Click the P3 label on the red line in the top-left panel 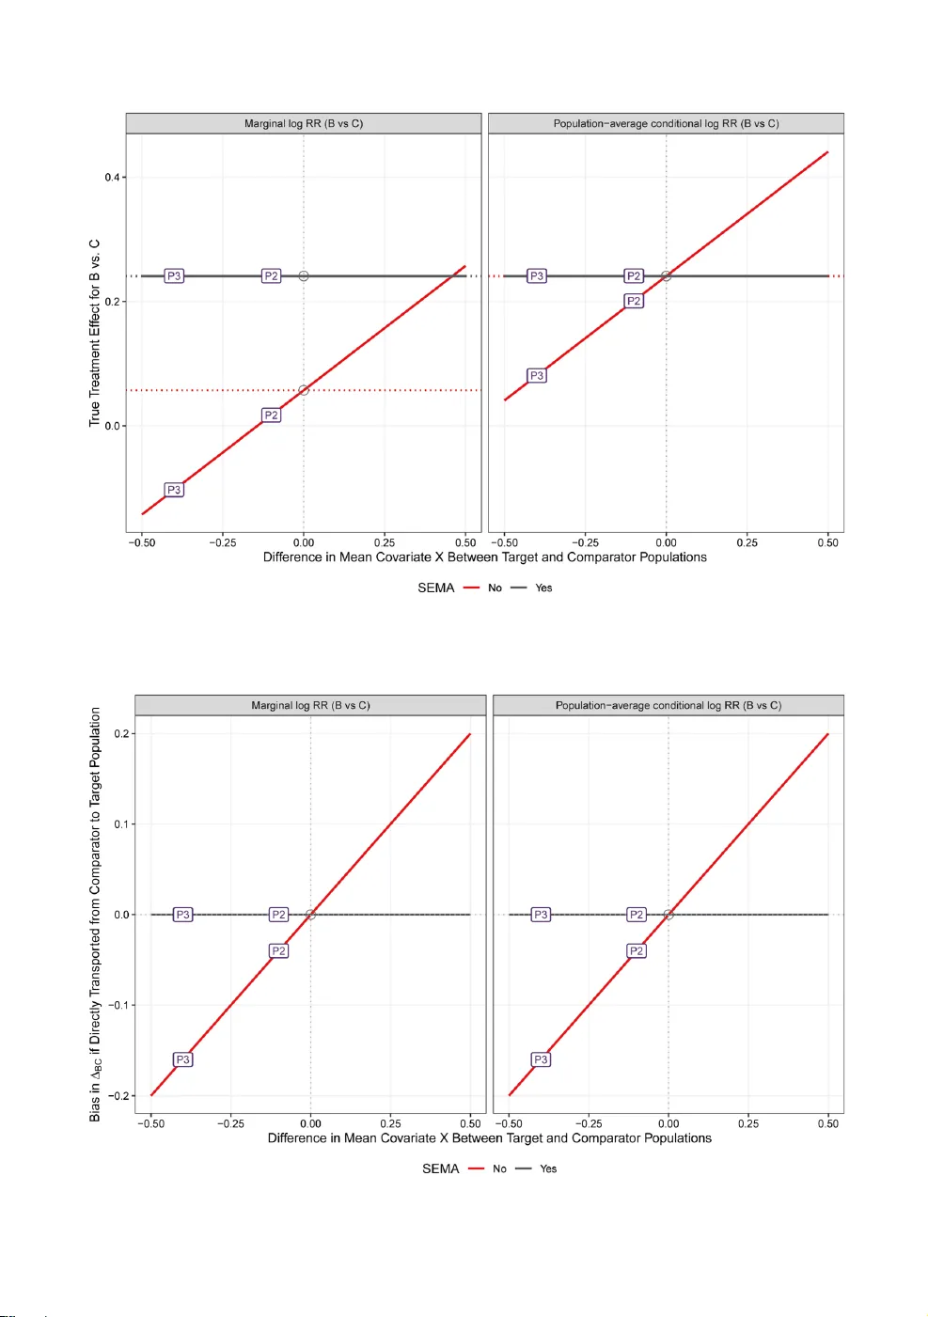[174, 490]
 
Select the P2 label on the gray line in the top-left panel [271, 275]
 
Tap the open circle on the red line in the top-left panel [304, 390]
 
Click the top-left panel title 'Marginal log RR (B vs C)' [303, 123]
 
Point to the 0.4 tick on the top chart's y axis [113, 177]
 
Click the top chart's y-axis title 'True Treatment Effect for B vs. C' [94, 333]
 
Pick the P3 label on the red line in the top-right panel [536, 375]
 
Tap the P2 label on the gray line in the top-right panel [634, 275]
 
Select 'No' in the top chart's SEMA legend [495, 588]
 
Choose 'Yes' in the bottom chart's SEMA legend [548, 1168]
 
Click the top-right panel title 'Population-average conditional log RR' [666, 123]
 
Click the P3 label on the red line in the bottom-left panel [182, 1059]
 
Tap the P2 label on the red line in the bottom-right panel [637, 950]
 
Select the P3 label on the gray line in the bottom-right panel [541, 914]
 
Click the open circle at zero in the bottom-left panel [310, 914]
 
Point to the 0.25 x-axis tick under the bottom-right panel [748, 1123]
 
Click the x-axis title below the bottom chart [489, 1137]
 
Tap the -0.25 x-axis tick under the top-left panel [222, 542]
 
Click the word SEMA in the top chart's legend [435, 588]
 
